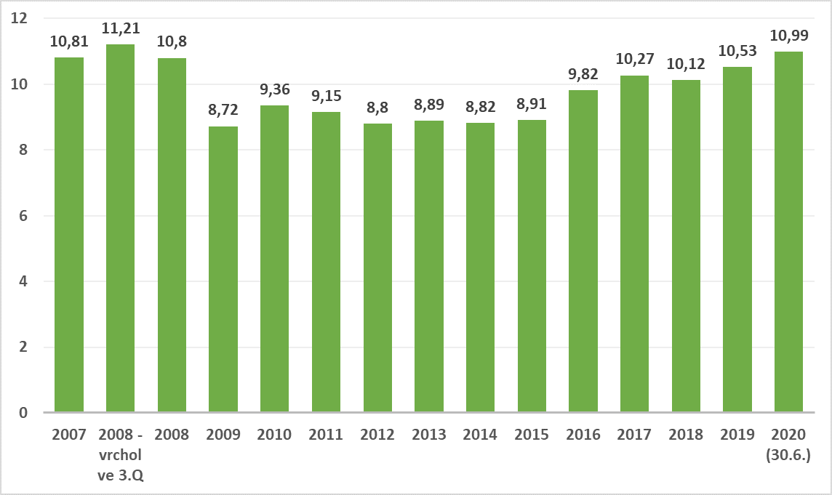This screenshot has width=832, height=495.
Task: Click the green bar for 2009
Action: [x=223, y=270]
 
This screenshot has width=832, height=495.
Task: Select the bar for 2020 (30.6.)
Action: [x=788, y=232]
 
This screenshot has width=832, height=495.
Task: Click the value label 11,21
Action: [x=120, y=28]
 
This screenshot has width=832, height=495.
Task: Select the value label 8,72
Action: [x=223, y=110]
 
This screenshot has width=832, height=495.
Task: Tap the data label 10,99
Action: [x=788, y=36]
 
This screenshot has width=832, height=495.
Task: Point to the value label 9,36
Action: [x=274, y=89]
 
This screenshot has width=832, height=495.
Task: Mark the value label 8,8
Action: [x=377, y=108]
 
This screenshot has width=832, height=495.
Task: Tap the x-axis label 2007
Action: [x=69, y=435]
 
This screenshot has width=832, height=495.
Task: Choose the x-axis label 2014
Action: [x=480, y=435]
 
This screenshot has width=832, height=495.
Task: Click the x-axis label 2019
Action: [x=737, y=435]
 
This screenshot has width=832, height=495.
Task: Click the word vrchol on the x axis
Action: [x=120, y=455]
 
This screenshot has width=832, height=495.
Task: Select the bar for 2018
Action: [x=686, y=246]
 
